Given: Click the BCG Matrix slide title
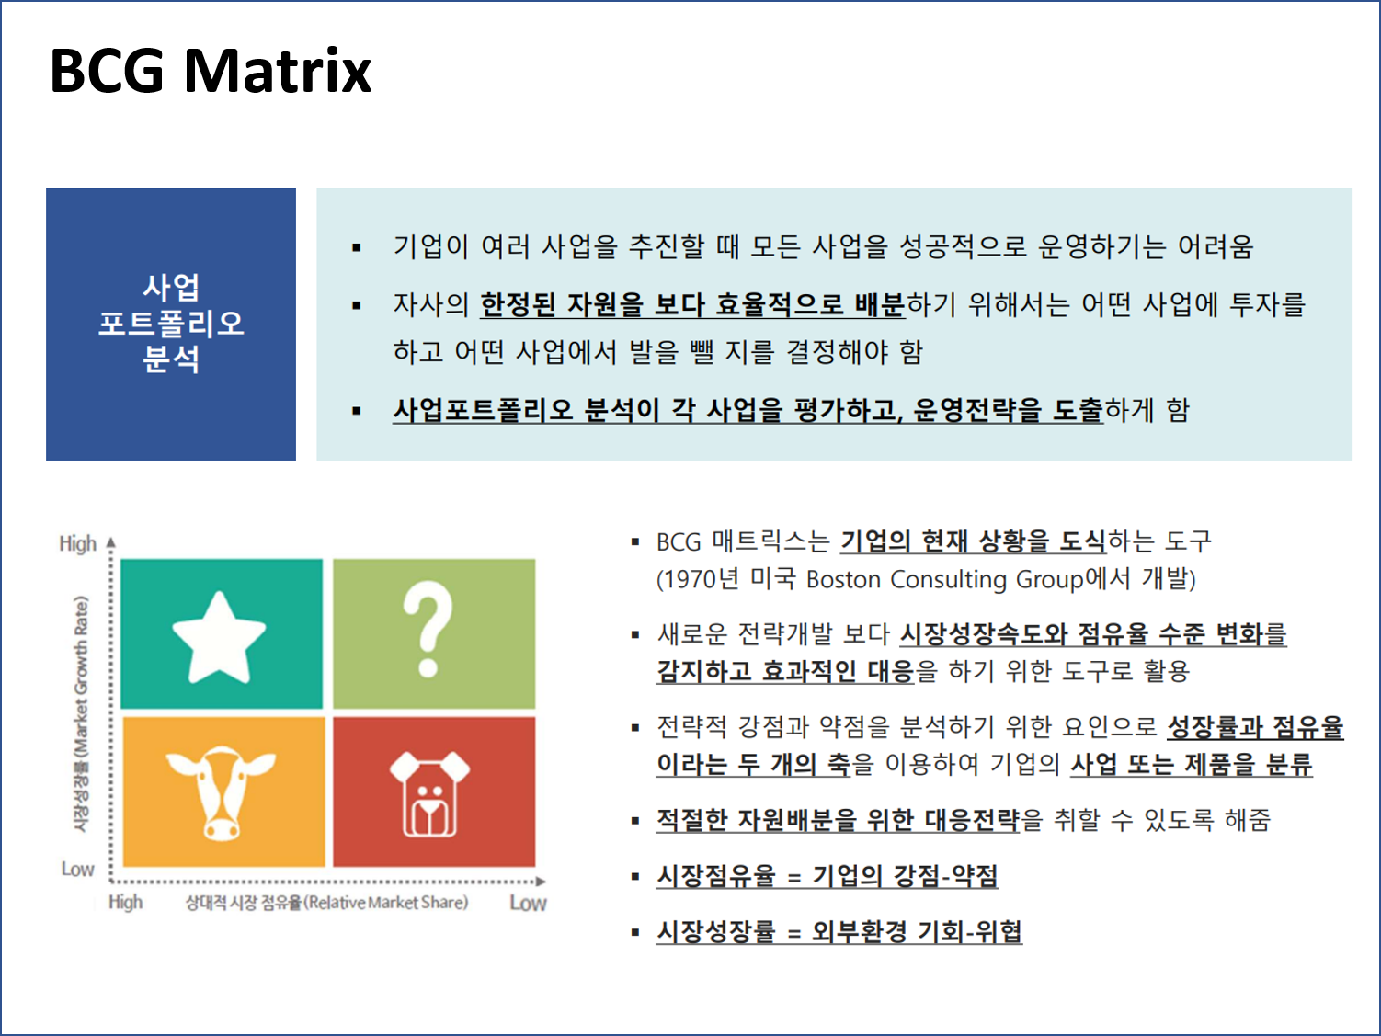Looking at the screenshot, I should (210, 71).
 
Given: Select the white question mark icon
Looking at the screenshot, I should (428, 629).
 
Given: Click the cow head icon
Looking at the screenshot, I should (221, 791).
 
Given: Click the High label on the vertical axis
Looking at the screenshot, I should (77, 543).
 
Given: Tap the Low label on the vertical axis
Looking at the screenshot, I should (77, 869).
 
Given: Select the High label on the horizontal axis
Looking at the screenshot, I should (125, 902).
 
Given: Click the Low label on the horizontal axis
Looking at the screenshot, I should (528, 903).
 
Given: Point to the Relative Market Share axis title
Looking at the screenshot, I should (326, 903).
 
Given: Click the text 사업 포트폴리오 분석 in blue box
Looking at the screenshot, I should (171, 324).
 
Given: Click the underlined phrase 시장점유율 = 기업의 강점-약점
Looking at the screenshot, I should (827, 875).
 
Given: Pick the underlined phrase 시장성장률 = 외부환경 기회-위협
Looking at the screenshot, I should (839, 931).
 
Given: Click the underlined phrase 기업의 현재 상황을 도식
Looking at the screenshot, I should (973, 541).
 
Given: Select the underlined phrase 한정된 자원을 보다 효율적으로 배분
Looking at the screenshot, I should (692, 304).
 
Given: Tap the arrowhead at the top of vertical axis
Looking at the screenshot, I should (111, 542).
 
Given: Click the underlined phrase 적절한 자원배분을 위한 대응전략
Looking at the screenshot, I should (838, 819).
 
